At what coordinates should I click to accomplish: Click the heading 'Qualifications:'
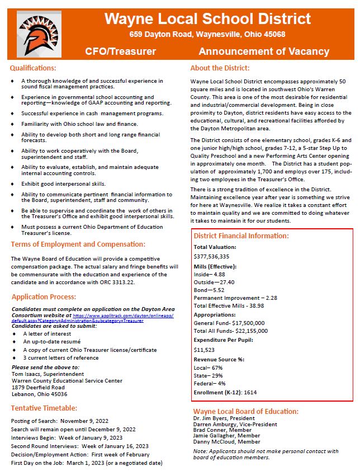[33, 68]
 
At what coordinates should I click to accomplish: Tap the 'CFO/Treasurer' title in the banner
[120, 51]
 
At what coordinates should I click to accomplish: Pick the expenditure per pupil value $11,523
[204, 349]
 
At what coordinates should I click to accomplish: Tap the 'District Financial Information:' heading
[241, 235]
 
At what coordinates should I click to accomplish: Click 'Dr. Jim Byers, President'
[224, 418]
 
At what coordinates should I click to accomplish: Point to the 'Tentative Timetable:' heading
[44, 408]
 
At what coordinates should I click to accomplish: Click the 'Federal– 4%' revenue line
[210, 384]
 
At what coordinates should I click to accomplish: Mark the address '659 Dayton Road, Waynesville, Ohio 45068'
[207, 34]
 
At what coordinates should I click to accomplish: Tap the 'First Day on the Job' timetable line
[87, 464]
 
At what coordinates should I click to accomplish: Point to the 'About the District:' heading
[220, 68]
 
